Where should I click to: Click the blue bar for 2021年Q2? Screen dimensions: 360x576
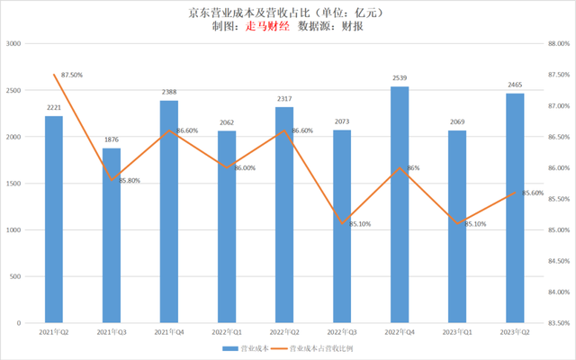coord(54,220)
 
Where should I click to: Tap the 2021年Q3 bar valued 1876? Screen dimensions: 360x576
coord(112,235)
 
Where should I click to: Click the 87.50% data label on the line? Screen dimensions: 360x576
coord(72,76)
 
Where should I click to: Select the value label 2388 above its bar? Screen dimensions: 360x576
coord(169,92)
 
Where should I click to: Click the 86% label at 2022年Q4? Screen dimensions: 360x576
coord(412,168)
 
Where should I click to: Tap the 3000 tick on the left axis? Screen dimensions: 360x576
coord(14,44)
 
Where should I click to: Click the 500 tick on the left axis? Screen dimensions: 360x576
coord(18,276)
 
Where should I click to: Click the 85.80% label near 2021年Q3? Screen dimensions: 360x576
coord(129,181)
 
